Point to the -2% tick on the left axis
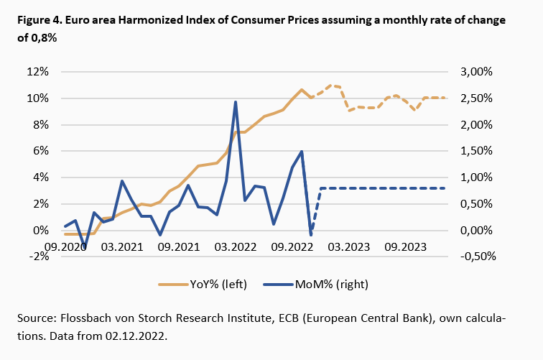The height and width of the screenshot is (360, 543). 39,257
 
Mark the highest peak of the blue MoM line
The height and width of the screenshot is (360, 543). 236,102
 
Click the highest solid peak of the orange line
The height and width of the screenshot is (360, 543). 302,90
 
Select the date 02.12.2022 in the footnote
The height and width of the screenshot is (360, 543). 144,334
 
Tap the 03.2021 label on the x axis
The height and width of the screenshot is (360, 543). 122,246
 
